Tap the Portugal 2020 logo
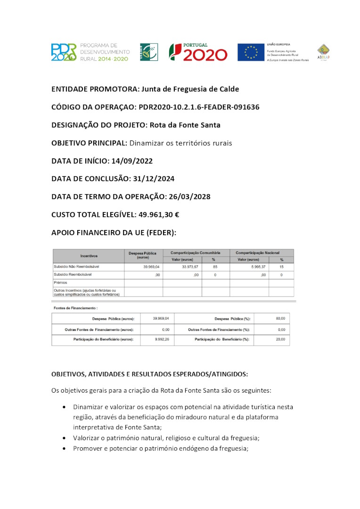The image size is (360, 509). [198, 52]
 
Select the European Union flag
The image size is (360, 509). [251, 52]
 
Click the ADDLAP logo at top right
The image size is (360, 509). [323, 52]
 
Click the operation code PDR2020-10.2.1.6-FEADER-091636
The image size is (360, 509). [199, 107]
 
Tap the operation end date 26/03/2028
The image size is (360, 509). [189, 197]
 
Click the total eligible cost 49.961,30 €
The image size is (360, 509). [159, 214]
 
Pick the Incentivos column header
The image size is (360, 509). [89, 256]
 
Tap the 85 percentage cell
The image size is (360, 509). [215, 267]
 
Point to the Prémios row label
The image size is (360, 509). [61, 282]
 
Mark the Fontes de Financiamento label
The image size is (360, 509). [68, 308]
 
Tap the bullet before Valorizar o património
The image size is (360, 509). [64, 438]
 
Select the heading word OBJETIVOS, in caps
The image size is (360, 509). [67, 374]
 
